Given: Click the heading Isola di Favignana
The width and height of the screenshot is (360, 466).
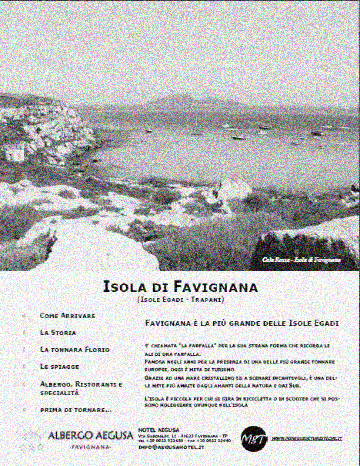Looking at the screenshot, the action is point(181,286).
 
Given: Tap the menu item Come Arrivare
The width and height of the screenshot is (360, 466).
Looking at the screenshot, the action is point(68,315).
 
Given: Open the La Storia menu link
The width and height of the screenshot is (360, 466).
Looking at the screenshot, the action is point(58,331).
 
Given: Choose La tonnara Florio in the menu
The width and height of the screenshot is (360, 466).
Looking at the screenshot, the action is point(74,349).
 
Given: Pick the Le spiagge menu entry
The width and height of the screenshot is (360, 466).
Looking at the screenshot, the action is point(59,366).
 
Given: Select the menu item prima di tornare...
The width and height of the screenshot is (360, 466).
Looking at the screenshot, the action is point(76,409).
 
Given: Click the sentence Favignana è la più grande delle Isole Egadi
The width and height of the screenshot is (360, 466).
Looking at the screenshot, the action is point(242,323).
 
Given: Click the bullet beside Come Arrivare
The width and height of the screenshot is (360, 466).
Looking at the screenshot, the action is point(24,315).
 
